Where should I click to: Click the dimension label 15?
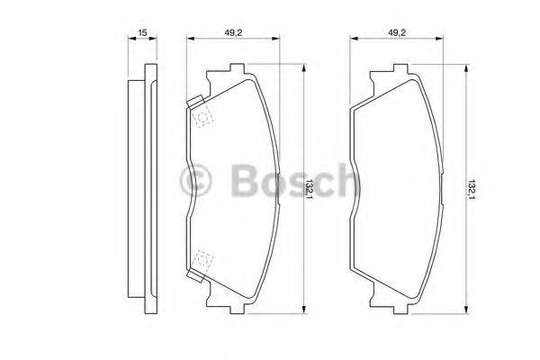click(142, 33)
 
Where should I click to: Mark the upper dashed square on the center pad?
click(202, 115)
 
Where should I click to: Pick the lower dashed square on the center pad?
click(202, 261)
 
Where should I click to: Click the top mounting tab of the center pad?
click(239, 68)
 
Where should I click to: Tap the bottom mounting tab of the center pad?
click(239, 308)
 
